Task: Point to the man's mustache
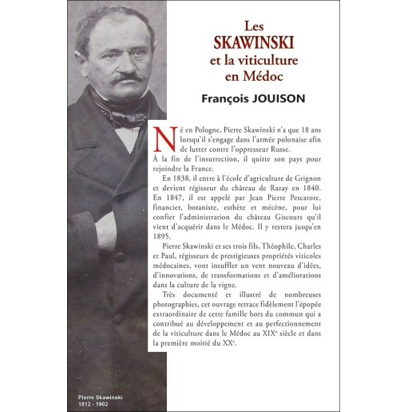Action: (x=120, y=79)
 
